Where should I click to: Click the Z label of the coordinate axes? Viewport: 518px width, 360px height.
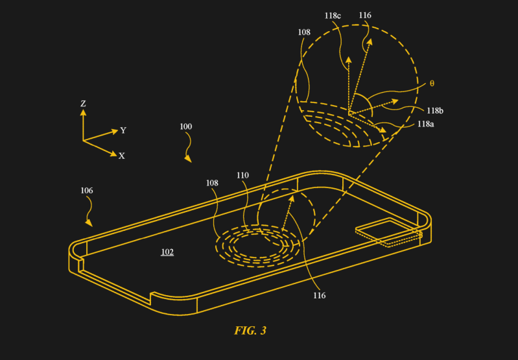pos(83,104)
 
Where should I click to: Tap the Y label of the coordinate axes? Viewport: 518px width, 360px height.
pos(123,130)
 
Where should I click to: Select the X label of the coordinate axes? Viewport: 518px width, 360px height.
pos(122,156)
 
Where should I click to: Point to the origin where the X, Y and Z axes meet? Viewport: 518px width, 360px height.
pos(83,141)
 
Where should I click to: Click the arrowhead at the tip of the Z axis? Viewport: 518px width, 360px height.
pos(83,112)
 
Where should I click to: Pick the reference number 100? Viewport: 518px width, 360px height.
pos(185,126)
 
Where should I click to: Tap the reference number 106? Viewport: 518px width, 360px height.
pos(87,191)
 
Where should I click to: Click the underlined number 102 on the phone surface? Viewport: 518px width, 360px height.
pos(167,252)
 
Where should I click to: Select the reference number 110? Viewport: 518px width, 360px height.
pos(242,175)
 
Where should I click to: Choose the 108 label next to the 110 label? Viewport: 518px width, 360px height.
pos(212,183)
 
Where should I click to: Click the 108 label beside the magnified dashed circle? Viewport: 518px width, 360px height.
pos(304,32)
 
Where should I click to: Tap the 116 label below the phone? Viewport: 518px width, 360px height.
pos(320,296)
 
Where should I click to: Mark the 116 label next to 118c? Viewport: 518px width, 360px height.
pos(365,15)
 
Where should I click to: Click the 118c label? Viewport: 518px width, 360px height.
pos(333,16)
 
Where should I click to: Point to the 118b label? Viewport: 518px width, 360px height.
pos(435,111)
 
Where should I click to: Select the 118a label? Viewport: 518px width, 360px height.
pos(425,124)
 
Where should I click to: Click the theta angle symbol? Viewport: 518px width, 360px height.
pos(432,84)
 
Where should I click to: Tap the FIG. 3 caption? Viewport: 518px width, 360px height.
pos(250,331)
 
